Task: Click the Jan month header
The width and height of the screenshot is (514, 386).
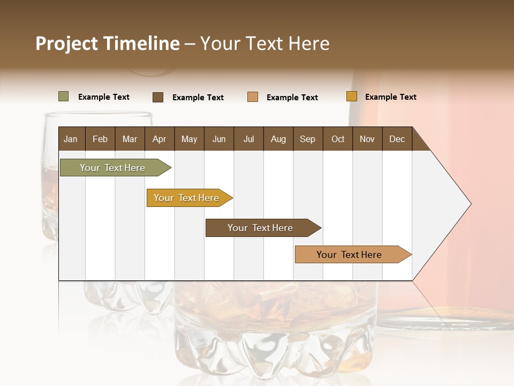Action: (x=71, y=139)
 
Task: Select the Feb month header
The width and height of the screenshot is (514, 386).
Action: (x=100, y=139)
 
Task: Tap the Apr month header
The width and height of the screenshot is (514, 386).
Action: (x=159, y=139)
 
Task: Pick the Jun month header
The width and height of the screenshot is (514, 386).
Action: (x=219, y=139)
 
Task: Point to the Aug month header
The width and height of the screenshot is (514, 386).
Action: (x=278, y=139)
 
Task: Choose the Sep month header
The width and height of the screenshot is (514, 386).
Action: (x=307, y=139)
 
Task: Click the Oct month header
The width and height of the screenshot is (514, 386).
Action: (x=338, y=139)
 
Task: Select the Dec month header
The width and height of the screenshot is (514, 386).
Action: (x=397, y=139)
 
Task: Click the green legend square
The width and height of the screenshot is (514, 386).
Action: (x=63, y=96)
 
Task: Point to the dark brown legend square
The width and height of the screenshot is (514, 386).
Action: (x=157, y=97)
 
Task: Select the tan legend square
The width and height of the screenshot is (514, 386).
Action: (x=253, y=97)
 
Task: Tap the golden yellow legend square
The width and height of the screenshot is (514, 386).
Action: (x=351, y=96)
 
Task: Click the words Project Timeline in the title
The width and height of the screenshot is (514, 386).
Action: (x=107, y=43)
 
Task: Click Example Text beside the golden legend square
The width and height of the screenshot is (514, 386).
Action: (x=390, y=97)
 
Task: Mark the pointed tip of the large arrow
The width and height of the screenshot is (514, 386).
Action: (x=470, y=204)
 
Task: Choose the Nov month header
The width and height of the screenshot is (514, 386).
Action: (x=367, y=139)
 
